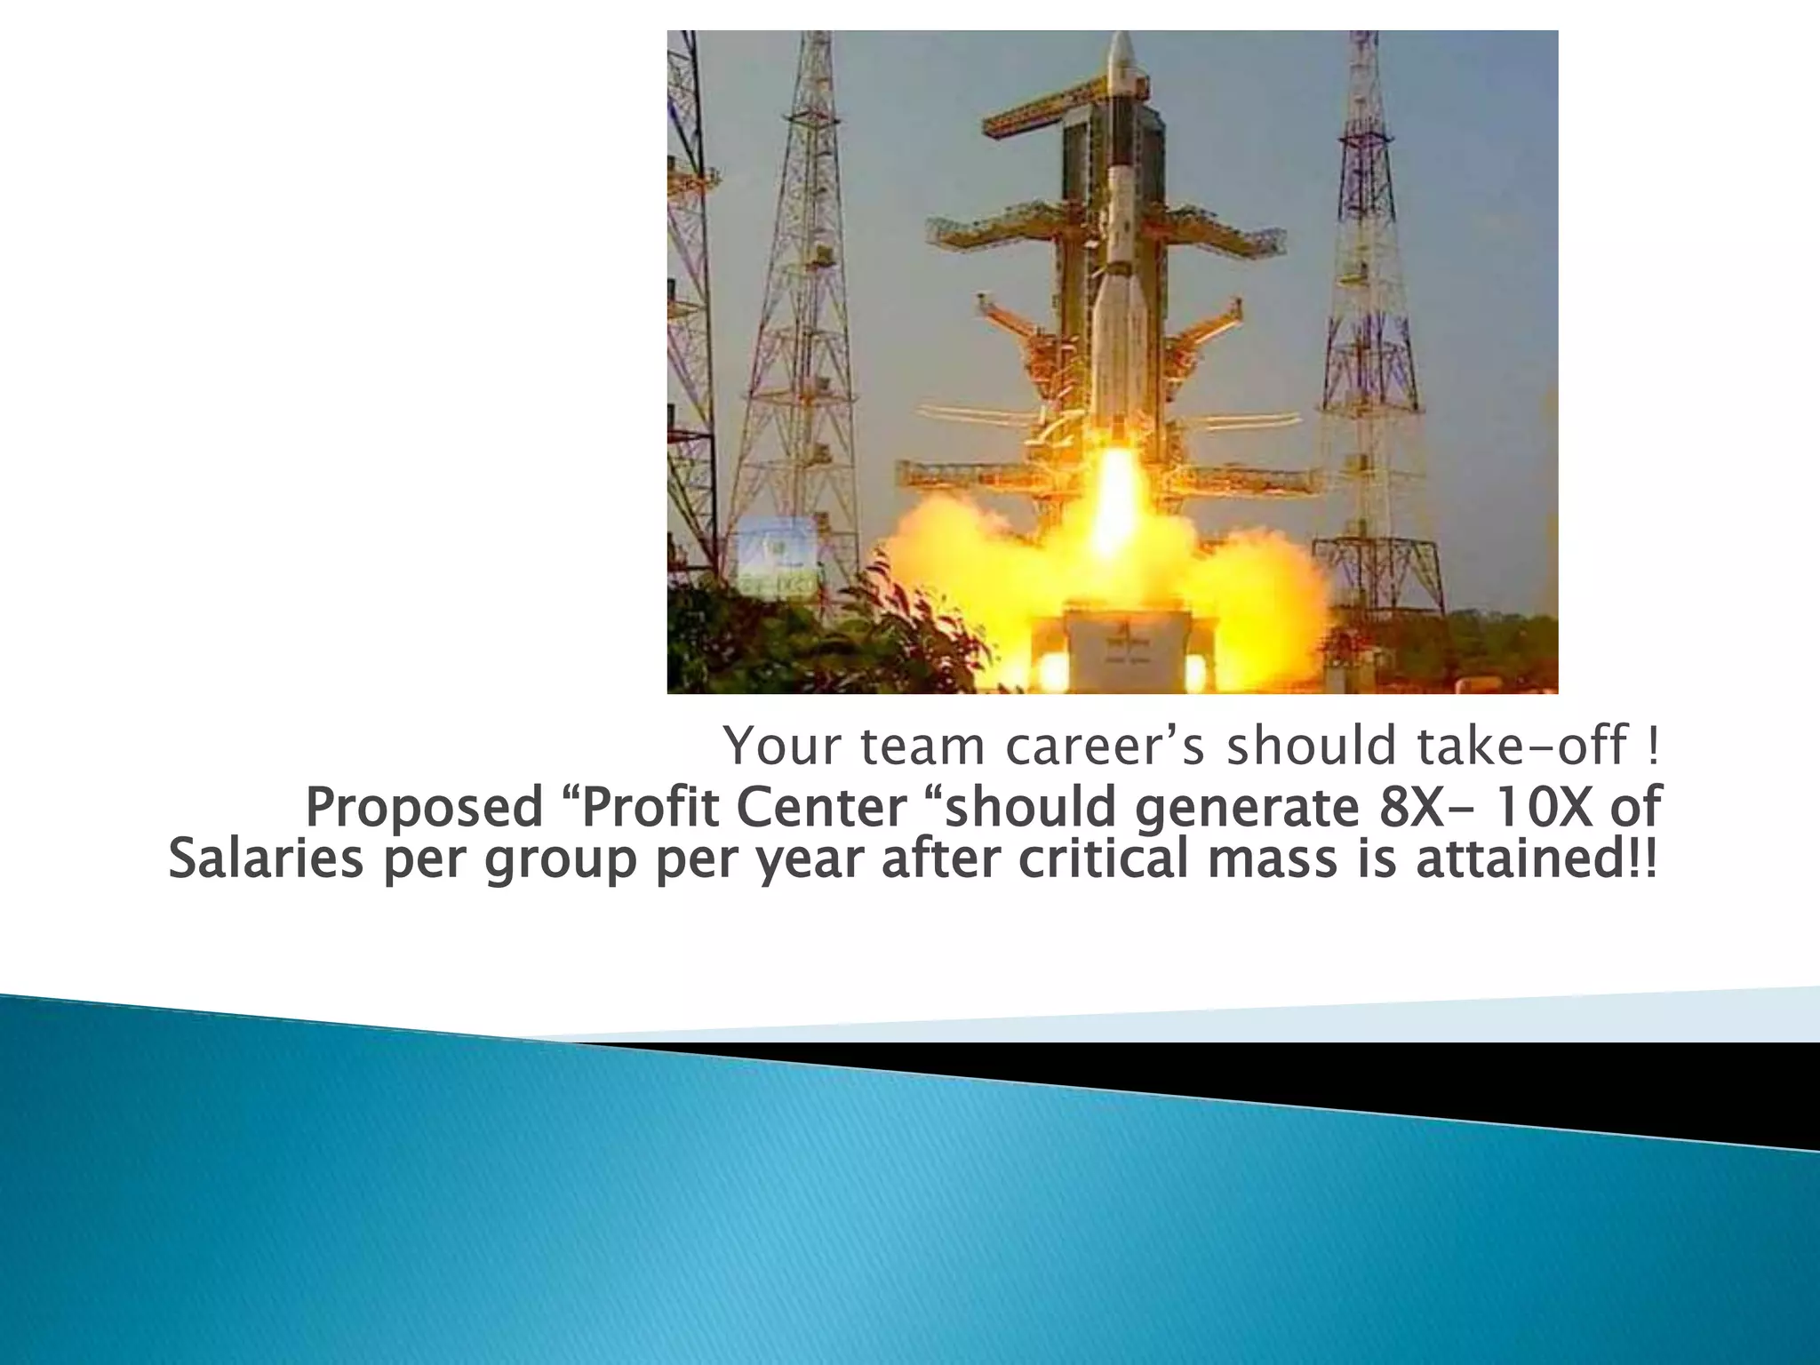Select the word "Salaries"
point(265,859)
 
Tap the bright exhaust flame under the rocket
point(1115,498)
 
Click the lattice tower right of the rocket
point(1361,311)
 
